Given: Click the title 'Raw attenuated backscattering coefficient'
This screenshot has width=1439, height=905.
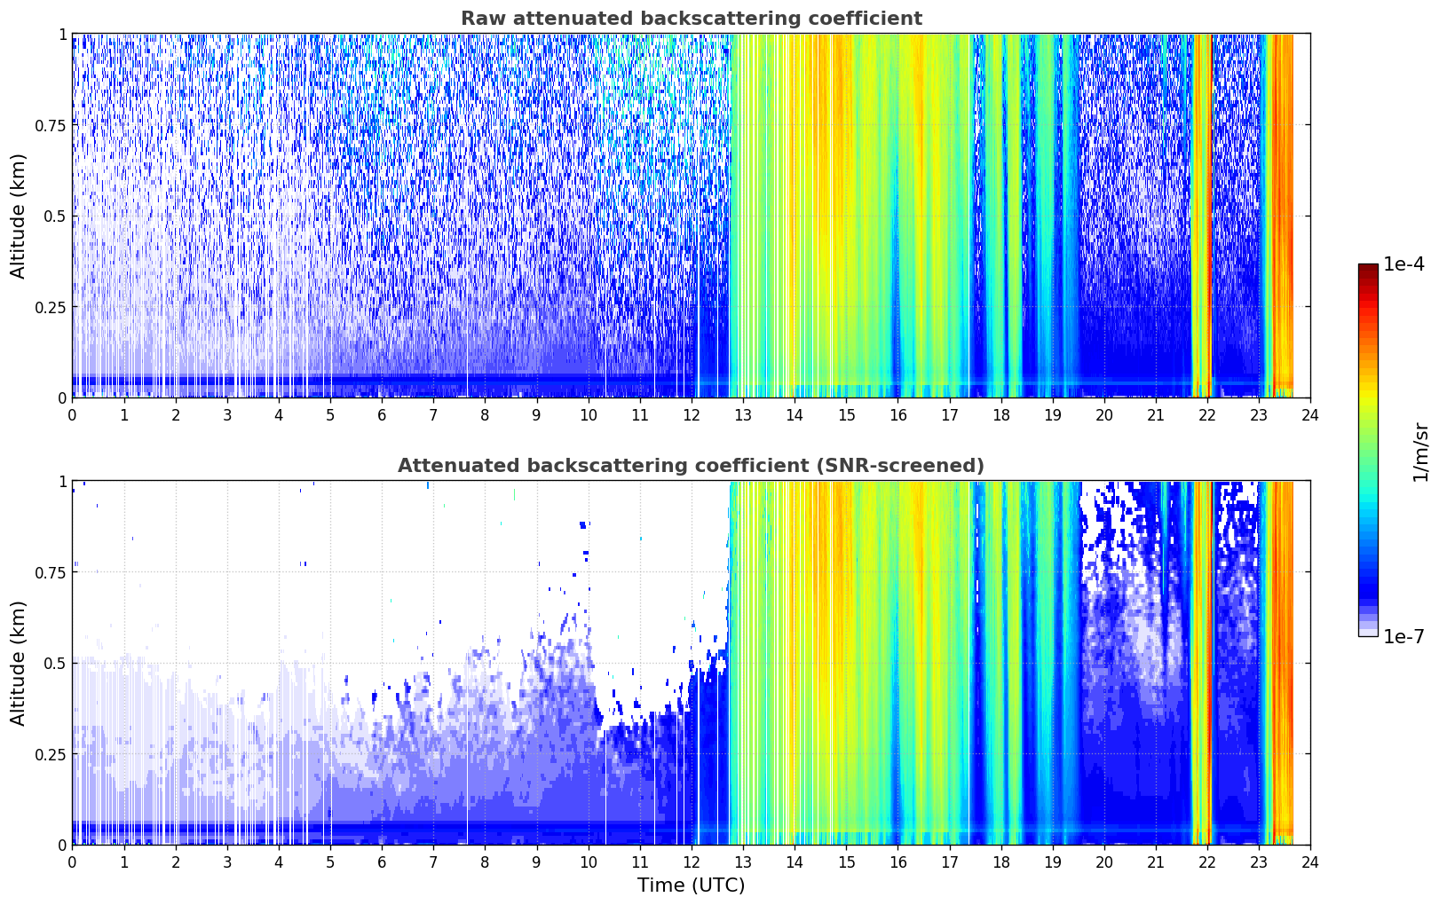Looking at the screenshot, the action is tap(692, 18).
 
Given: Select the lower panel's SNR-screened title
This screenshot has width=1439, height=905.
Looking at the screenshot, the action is tap(691, 465).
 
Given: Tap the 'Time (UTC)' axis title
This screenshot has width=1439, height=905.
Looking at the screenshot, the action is tap(691, 885).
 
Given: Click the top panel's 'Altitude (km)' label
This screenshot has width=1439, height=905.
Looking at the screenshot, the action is tap(18, 216).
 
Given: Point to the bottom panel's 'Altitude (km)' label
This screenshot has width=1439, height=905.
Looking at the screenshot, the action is tap(18, 663).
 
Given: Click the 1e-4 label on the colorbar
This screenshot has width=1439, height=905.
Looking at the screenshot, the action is tap(1403, 264).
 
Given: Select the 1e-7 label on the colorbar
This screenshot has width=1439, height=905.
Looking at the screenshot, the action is tap(1403, 637).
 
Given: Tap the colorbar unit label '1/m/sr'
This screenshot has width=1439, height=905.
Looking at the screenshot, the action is tap(1420, 452).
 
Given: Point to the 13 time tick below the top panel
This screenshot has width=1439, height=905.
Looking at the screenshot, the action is tap(743, 415).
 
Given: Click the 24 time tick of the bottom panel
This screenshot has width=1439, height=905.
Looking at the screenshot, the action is tap(1310, 862).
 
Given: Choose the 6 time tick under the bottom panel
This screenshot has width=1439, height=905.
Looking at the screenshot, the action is tap(382, 862).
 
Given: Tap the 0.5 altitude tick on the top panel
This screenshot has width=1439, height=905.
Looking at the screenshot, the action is tap(54, 216).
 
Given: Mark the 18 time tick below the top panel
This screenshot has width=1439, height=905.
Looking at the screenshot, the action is tap(1000, 415).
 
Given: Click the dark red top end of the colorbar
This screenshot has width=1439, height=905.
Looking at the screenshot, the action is tap(1368, 268).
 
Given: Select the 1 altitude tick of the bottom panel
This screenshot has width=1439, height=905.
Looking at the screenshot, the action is tap(63, 482).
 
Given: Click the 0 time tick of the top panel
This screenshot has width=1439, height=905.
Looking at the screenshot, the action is tap(72, 415).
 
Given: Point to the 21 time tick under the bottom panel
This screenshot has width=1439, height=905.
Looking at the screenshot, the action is tap(1156, 862).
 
